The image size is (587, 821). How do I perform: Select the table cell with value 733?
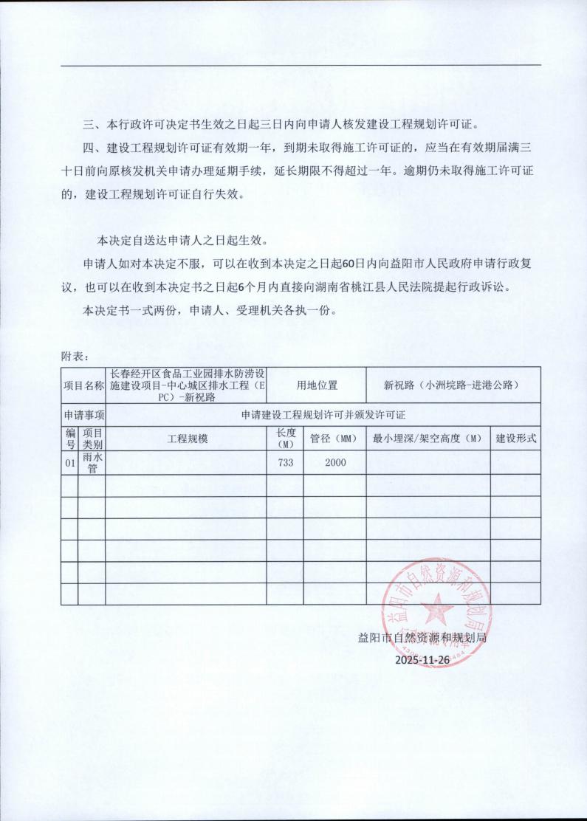pos(284,463)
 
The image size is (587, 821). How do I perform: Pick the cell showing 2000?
pos(334,463)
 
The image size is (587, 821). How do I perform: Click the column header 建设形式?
pos(515,439)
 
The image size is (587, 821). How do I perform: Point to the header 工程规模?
pos(188,439)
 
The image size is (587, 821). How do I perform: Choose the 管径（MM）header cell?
pos(334,439)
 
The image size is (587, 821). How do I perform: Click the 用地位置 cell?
pos(317,385)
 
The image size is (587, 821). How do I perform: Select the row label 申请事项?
pos(84,414)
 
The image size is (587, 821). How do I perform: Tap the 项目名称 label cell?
pos(84,385)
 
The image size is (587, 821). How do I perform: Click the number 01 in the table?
pos(70,463)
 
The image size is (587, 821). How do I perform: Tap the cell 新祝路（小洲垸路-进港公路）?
pos(452,385)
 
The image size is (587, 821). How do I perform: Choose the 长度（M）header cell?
pos(284,439)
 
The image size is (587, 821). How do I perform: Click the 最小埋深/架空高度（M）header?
pos(428,439)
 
